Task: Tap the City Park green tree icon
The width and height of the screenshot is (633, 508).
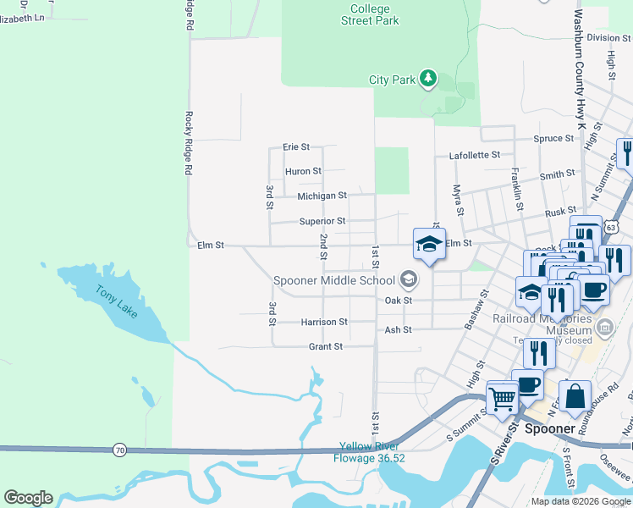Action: click(x=429, y=80)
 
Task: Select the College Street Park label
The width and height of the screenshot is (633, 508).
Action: click(x=370, y=14)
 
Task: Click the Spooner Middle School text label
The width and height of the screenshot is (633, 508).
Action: click(x=334, y=280)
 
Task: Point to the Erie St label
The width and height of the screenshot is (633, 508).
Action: click(x=296, y=146)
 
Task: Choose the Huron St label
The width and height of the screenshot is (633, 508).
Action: click(x=303, y=171)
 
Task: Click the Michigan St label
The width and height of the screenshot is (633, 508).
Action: click(x=322, y=196)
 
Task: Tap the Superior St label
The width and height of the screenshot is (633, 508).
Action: click(x=322, y=221)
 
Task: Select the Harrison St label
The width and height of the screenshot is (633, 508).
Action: click(x=324, y=322)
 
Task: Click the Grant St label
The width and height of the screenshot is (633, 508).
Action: click(x=325, y=346)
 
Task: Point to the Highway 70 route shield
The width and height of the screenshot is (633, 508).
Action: click(x=119, y=450)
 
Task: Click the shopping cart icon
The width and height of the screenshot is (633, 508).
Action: click(x=503, y=397)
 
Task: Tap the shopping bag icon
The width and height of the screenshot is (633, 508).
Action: click(x=575, y=396)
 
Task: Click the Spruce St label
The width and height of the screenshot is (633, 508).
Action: click(x=553, y=138)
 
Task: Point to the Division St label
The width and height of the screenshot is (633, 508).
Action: click(x=603, y=37)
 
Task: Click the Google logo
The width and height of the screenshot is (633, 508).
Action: click(x=28, y=498)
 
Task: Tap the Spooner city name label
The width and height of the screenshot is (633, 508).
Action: click(x=550, y=428)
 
